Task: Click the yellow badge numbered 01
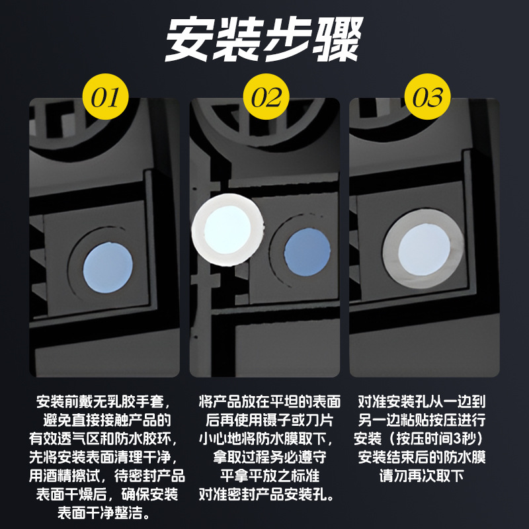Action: [104, 98]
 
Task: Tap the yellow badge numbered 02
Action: [266, 98]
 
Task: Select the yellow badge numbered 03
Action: [427, 98]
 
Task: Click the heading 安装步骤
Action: [264, 39]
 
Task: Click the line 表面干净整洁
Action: [105, 512]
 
